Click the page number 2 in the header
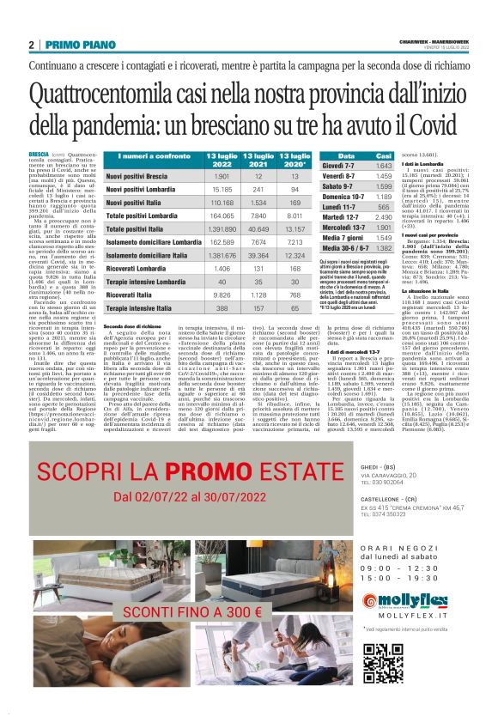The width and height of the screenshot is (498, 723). pos(31,45)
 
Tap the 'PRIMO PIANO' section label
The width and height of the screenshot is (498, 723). pos(76,45)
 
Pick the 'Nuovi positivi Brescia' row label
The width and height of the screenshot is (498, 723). pos(143,175)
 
